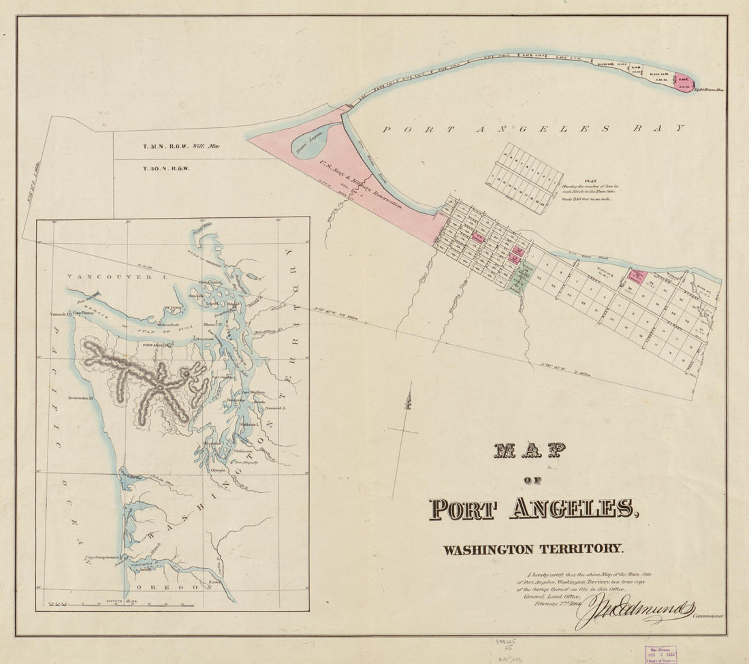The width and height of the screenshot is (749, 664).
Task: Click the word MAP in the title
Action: pyautogui.click(x=530, y=450)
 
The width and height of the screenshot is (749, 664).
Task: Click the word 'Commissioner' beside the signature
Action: pyautogui.click(x=708, y=615)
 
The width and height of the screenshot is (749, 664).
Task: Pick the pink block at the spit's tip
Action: pyautogui.click(x=683, y=82)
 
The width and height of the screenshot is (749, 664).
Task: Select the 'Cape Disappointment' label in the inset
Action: pyautogui.click(x=102, y=556)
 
